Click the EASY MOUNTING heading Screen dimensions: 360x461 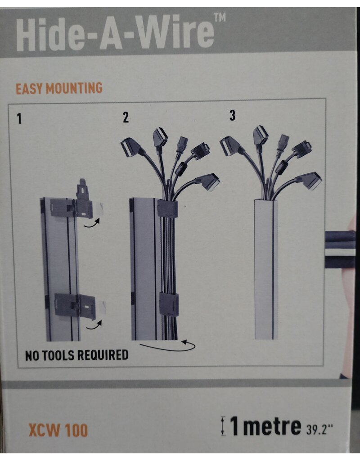pos(59,89)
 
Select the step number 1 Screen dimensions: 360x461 pos(19,119)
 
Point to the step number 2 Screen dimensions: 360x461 pos(126,118)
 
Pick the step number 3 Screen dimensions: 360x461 pos(232,116)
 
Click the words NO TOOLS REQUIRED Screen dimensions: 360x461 pos(76,355)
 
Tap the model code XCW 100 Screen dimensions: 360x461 pos(58,430)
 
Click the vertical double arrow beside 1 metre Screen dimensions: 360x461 pos(223,426)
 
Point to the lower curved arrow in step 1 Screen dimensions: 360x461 pos(94,325)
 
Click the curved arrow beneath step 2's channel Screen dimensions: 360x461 pos(167,348)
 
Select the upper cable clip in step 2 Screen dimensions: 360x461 pos(167,209)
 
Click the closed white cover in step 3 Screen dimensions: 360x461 pos(266,270)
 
